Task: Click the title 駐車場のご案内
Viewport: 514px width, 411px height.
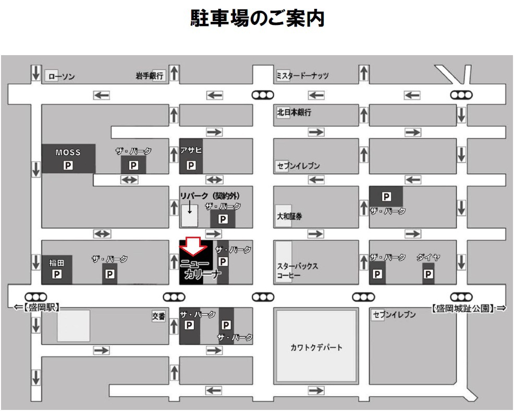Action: (257, 18)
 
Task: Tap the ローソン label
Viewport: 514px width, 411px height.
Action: (61, 76)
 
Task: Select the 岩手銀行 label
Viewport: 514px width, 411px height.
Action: (149, 76)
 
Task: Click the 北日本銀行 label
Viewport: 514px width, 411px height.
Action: (294, 112)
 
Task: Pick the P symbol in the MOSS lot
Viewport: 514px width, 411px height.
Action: (68, 165)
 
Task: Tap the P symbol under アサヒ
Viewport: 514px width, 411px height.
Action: (191, 165)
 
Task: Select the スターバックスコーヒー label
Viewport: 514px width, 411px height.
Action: (297, 271)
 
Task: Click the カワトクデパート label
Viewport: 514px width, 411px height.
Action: (316, 348)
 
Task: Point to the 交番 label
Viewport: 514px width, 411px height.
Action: (158, 315)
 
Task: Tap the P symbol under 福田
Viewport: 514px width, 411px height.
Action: (56, 274)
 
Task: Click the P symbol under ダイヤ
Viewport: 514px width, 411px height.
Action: (428, 274)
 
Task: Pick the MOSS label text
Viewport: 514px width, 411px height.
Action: (68, 153)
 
